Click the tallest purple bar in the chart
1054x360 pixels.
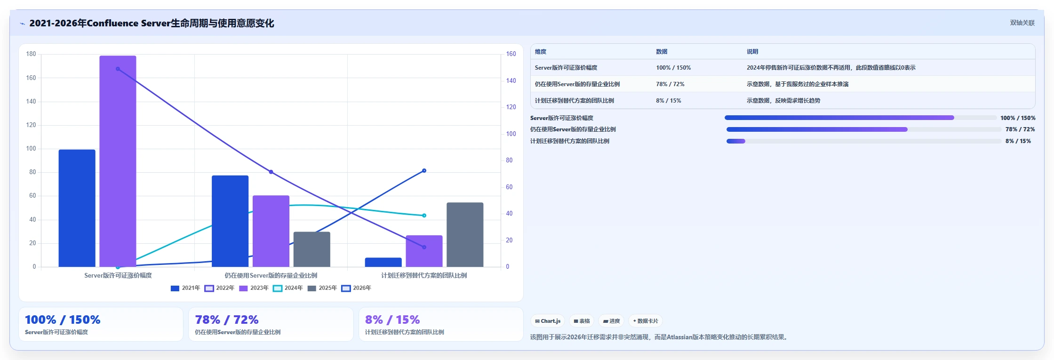118,161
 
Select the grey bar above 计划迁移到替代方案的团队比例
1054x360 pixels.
465,234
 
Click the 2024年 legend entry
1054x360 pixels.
287,288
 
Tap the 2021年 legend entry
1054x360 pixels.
185,288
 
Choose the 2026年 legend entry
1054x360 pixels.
356,288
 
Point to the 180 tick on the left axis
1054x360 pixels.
31,54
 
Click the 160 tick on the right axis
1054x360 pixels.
511,54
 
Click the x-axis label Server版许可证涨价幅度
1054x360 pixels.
118,275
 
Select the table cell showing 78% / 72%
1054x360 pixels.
670,84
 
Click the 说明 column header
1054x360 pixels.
752,52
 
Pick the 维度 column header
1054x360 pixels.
541,52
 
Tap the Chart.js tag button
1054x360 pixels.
548,321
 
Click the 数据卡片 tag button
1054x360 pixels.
645,321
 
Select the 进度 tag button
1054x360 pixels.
611,321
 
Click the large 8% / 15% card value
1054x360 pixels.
392,320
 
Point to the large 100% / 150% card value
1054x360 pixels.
63,320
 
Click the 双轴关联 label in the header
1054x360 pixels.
1022,23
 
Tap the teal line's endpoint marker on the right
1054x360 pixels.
424,216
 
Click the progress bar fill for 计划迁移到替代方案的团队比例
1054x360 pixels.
736,141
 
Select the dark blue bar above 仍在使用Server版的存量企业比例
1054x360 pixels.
230,221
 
